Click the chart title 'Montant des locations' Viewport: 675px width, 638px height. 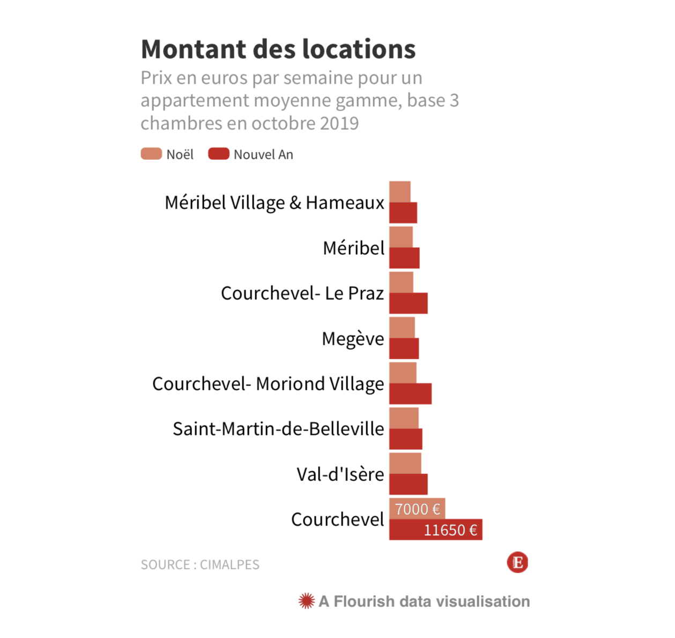tap(278, 49)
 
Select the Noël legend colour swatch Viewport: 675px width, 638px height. tap(151, 154)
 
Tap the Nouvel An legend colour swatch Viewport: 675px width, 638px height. tap(219, 154)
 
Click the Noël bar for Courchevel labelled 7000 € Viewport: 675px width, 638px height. tap(417, 509)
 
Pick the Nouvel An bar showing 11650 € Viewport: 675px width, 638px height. tap(435, 530)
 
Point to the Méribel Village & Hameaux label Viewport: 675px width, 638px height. tap(275, 203)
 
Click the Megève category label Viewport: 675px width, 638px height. tap(353, 339)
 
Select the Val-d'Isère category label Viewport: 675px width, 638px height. tap(340, 474)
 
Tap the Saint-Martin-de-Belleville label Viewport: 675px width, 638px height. tap(278, 429)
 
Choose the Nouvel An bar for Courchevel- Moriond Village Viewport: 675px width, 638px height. tap(410, 394)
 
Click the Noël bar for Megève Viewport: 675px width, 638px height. tap(402, 328)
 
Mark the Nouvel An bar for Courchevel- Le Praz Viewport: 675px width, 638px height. tap(408, 303)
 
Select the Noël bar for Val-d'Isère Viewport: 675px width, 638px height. tap(405, 463)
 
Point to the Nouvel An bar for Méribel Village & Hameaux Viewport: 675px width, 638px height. tap(403, 213)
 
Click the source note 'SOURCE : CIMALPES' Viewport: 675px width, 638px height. tap(200, 565)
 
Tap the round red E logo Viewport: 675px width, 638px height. tap(517, 562)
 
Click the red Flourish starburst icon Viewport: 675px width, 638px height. tap(307, 601)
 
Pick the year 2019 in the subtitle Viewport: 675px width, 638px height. tap(339, 123)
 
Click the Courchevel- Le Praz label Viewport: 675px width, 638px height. tap(302, 293)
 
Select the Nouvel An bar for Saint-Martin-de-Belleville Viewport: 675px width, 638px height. tap(405, 439)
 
